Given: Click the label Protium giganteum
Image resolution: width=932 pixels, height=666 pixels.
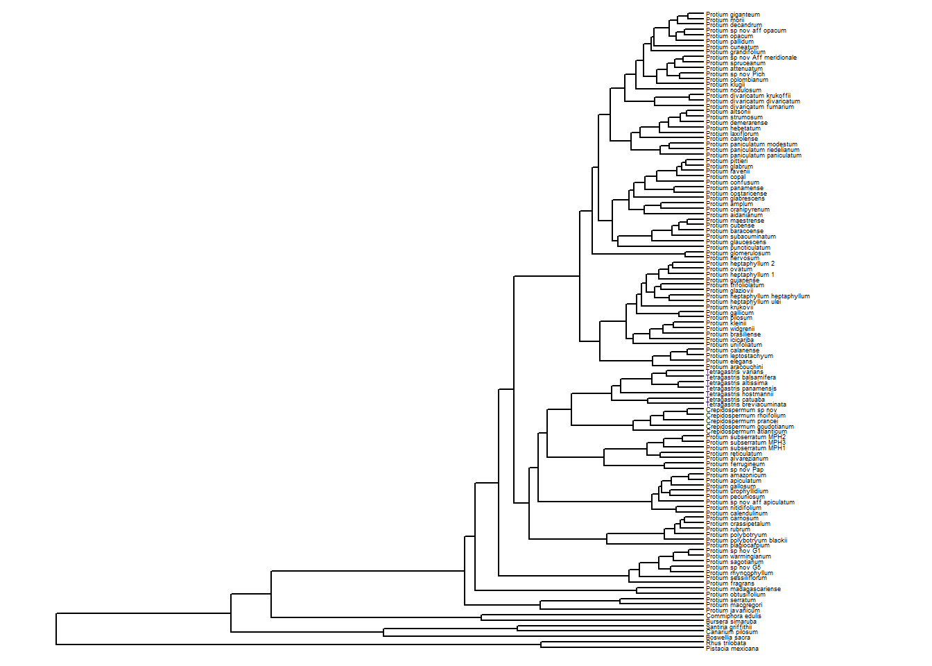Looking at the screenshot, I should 732,15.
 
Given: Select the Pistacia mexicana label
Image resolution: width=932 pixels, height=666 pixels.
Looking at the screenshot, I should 732,649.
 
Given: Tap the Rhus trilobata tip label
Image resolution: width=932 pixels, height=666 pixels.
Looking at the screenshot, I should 726,643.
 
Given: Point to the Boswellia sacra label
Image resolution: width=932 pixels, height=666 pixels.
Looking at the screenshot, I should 727,638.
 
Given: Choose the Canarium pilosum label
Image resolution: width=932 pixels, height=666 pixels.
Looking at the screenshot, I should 732,632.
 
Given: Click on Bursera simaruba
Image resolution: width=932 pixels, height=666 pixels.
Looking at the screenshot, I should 731,622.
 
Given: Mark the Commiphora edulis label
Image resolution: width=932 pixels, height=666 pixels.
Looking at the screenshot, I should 733,616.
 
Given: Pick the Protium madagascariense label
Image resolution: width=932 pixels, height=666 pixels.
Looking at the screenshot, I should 743,589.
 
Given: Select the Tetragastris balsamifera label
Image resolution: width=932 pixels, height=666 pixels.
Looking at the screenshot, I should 741,377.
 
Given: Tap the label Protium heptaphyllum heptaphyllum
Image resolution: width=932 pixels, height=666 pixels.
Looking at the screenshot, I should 757,296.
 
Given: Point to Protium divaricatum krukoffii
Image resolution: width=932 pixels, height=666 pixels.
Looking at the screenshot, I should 748,96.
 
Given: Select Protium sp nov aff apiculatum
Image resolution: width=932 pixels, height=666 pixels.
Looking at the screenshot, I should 750,502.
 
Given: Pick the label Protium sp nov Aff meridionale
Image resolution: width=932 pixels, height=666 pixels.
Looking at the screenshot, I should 751,58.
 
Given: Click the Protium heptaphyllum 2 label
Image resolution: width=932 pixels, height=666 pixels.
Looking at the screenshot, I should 740,264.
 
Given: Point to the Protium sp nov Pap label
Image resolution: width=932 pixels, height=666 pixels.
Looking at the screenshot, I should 734,470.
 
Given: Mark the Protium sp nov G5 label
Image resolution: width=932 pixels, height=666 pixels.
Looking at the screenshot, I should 733,567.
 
